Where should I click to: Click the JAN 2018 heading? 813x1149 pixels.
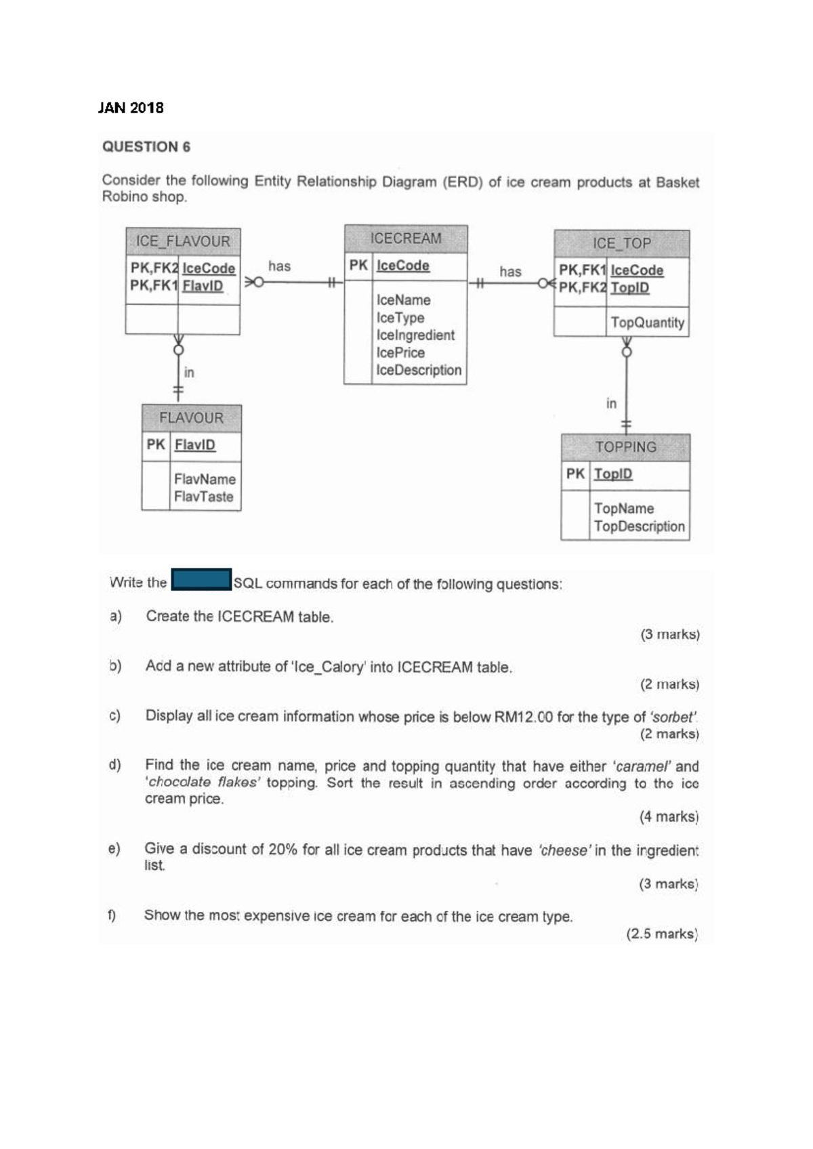131,108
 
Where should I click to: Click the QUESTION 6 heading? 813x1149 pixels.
146,147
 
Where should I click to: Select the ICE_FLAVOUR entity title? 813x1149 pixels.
183,241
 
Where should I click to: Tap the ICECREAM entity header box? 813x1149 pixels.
405,238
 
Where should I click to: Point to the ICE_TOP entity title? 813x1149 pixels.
621,243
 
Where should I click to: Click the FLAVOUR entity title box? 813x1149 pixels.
191,418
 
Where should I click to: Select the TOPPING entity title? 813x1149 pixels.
625,447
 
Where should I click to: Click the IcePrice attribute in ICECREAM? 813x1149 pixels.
400,352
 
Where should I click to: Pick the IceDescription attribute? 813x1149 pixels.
419,370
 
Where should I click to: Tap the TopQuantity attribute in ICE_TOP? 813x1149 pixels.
647,322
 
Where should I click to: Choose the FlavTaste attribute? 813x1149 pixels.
203,497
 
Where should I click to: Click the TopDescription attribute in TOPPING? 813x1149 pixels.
639,526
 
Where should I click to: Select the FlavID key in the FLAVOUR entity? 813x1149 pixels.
195,445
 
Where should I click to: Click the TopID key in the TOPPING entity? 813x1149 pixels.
613,474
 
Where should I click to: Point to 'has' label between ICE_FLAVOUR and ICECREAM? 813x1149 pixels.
279,266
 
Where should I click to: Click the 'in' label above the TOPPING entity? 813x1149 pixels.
611,404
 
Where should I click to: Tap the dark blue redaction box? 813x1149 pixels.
201,580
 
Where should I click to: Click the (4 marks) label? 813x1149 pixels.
669,817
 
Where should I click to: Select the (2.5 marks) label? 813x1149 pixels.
662,934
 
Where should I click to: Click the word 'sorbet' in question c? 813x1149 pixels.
673,717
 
